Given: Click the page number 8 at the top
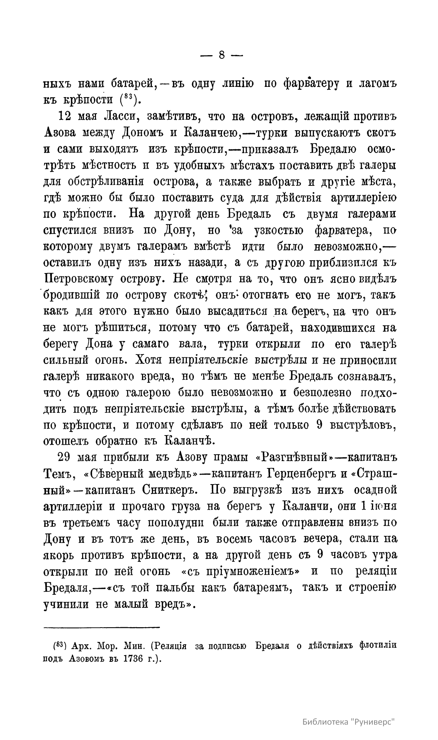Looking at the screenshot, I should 222,55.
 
